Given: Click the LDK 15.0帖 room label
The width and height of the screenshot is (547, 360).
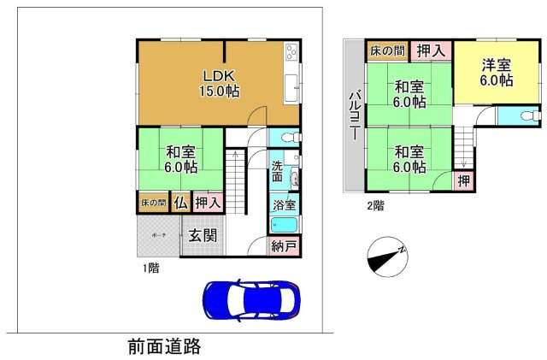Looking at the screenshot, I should [x=219, y=81].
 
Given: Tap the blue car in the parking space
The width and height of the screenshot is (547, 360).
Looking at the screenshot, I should [x=251, y=300].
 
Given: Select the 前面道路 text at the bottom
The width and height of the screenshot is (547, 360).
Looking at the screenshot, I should [x=164, y=346].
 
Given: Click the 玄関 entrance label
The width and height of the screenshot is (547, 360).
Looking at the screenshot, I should [x=202, y=235].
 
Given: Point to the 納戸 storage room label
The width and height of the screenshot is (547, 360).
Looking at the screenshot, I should [x=285, y=247].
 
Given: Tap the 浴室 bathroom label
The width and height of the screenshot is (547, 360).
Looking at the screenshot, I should [x=284, y=205].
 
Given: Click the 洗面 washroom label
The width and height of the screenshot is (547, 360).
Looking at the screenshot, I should [x=279, y=171].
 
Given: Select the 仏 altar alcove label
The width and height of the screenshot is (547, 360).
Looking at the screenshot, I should [x=181, y=203].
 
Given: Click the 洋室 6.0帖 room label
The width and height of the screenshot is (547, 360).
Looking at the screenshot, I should [x=496, y=72].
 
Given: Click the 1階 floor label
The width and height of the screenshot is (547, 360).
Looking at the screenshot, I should [x=150, y=268].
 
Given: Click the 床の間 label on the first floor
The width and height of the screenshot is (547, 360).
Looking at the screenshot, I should [x=154, y=203].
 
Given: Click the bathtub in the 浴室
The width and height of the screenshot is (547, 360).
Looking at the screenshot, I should [x=284, y=227].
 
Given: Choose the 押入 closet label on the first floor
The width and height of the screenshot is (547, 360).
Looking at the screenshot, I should [x=209, y=203].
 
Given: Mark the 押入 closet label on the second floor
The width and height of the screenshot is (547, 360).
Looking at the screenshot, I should [x=431, y=51].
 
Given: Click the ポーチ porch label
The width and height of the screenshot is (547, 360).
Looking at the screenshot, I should [x=159, y=233].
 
